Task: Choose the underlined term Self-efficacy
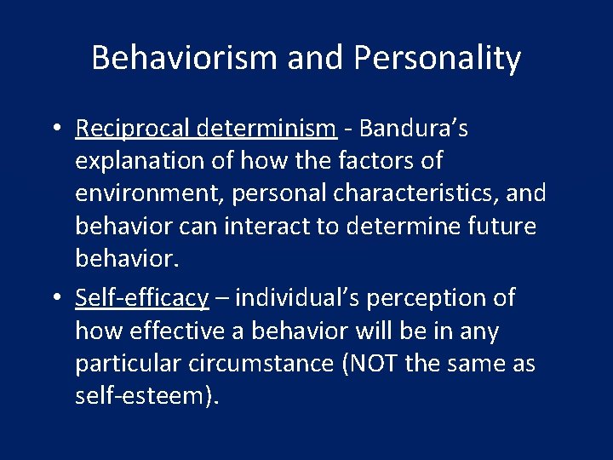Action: [141, 297]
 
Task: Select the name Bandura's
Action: [414, 129]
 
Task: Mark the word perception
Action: [426, 297]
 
